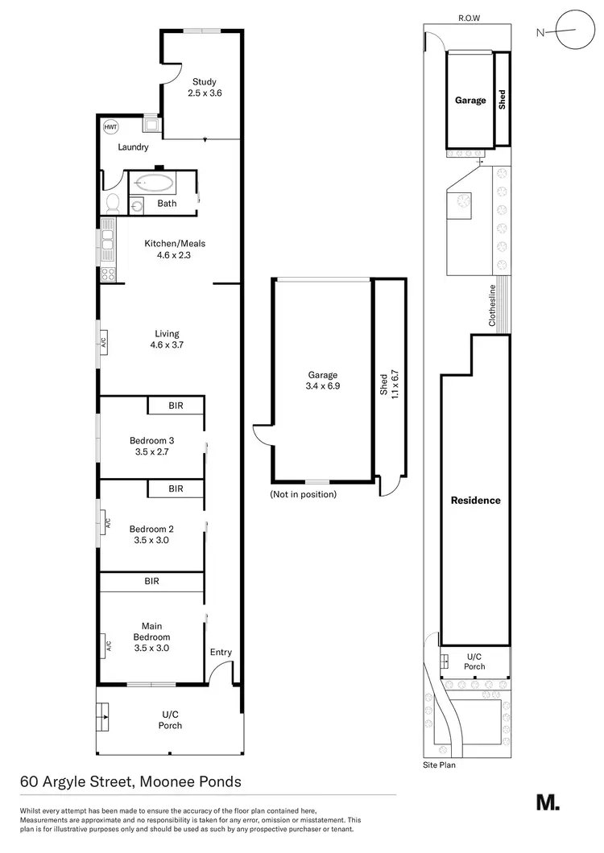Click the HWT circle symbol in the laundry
pyautogui.click(x=110, y=127)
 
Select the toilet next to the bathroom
pyautogui.click(x=112, y=202)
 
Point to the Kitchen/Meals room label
pyautogui.click(x=167, y=249)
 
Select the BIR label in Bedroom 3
pyautogui.click(x=176, y=406)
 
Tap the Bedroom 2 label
pyautogui.click(x=151, y=534)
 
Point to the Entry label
pyautogui.click(x=220, y=653)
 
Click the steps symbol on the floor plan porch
pyautogui.click(x=102, y=713)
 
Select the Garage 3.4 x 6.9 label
pyautogui.click(x=322, y=380)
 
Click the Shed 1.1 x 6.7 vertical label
pyautogui.click(x=388, y=384)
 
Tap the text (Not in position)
pyautogui.click(x=304, y=494)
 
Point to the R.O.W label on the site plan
pyautogui.click(x=468, y=17)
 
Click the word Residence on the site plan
pyautogui.click(x=475, y=500)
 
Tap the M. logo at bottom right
pyautogui.click(x=548, y=802)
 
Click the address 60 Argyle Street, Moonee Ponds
pyautogui.click(x=130, y=781)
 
